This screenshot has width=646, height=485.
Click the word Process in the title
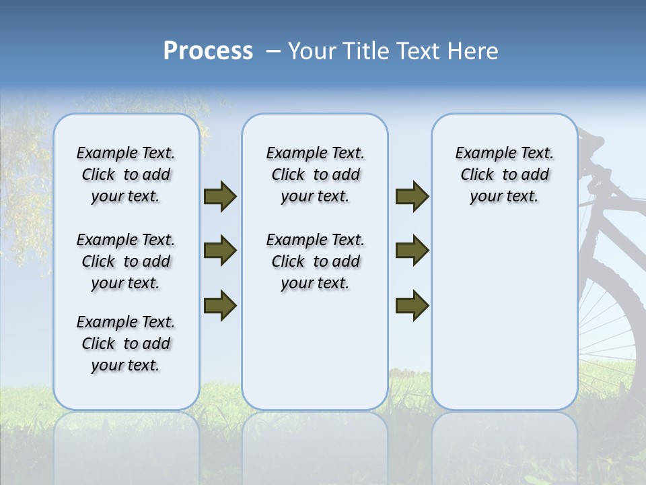pyautogui.click(x=208, y=51)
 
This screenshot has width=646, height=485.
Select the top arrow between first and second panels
pyautogui.click(x=220, y=196)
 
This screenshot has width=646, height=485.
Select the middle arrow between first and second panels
pyautogui.click(x=220, y=251)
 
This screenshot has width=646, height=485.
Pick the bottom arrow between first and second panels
pyautogui.click(x=220, y=305)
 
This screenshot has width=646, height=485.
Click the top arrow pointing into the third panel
pyautogui.click(x=412, y=196)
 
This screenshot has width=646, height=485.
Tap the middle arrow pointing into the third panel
pyautogui.click(x=412, y=251)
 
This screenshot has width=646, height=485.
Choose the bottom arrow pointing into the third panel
pyautogui.click(x=412, y=305)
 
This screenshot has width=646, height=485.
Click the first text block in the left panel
pyautogui.click(x=126, y=174)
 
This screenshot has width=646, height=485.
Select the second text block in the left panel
pyautogui.click(x=126, y=261)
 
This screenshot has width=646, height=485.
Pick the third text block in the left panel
pyautogui.click(x=126, y=344)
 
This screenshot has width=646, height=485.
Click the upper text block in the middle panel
pyautogui.click(x=315, y=174)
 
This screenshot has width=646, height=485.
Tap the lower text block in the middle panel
pyautogui.click(x=315, y=261)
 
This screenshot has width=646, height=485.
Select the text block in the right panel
pyautogui.click(x=504, y=174)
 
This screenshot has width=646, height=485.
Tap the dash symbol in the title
pyautogui.click(x=273, y=51)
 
